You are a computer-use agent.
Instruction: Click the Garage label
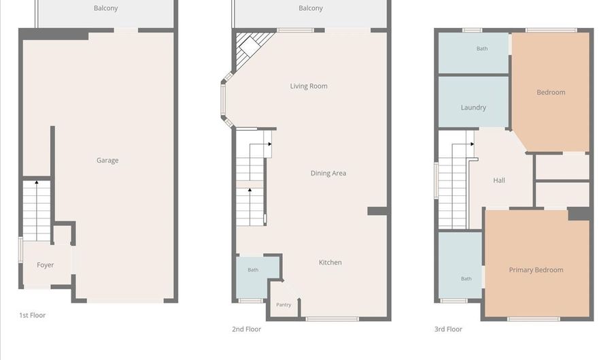coord(107,161)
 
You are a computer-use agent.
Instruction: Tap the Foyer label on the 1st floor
coord(46,265)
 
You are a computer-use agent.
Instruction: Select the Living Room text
coord(309,86)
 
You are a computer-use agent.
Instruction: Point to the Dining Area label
coord(328,174)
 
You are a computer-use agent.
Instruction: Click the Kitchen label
coord(330,263)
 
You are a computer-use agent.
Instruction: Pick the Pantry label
coord(284,305)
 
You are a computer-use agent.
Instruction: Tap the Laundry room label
coord(473,108)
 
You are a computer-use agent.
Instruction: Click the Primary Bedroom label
coord(536,270)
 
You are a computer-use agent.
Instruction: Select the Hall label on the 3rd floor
coord(499,180)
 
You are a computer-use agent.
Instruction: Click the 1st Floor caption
coord(33,316)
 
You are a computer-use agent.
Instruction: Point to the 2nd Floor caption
coord(246,329)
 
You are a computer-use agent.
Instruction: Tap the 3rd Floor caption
coord(448,329)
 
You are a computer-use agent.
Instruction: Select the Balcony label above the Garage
coord(106,8)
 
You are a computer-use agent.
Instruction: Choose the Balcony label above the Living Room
coord(311,8)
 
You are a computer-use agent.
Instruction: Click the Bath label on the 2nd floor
coord(253,269)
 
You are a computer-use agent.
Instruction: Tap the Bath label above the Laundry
coord(482,49)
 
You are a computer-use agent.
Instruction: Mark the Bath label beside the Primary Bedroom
coord(466,279)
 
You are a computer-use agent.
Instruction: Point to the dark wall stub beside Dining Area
coord(377,211)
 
